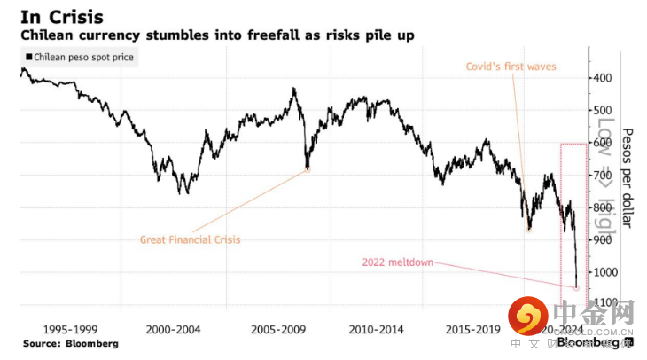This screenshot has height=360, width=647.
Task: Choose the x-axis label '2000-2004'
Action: pyautogui.click(x=175, y=330)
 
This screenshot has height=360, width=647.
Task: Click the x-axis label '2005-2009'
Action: pyautogui.click(x=277, y=330)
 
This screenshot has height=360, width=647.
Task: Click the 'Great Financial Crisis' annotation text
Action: pyautogui.click(x=191, y=239)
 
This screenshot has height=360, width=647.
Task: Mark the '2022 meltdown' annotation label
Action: pyautogui.click(x=399, y=262)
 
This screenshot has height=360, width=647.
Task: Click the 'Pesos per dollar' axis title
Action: pyautogui.click(x=627, y=175)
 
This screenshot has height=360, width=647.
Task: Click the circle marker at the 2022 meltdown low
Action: pyautogui.click(x=577, y=287)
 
